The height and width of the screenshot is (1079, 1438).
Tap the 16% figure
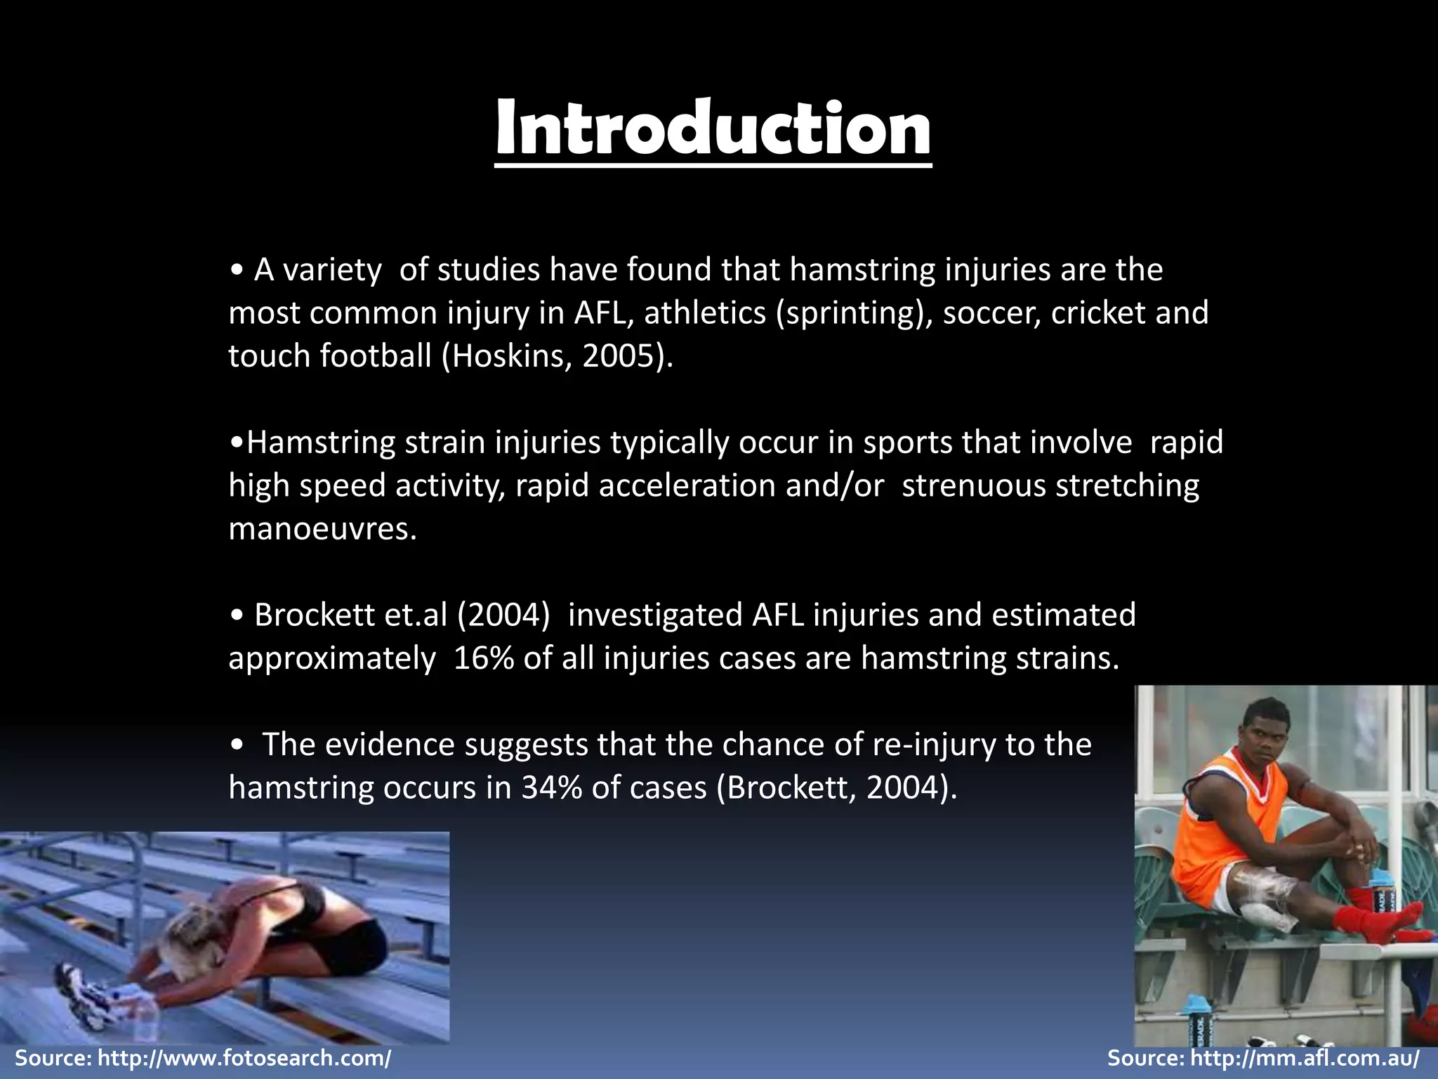(x=483, y=658)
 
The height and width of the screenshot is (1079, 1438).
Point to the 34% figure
(x=551, y=788)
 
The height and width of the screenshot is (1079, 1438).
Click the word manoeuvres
(x=322, y=529)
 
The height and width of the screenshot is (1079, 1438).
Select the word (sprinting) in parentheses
(x=852, y=313)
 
